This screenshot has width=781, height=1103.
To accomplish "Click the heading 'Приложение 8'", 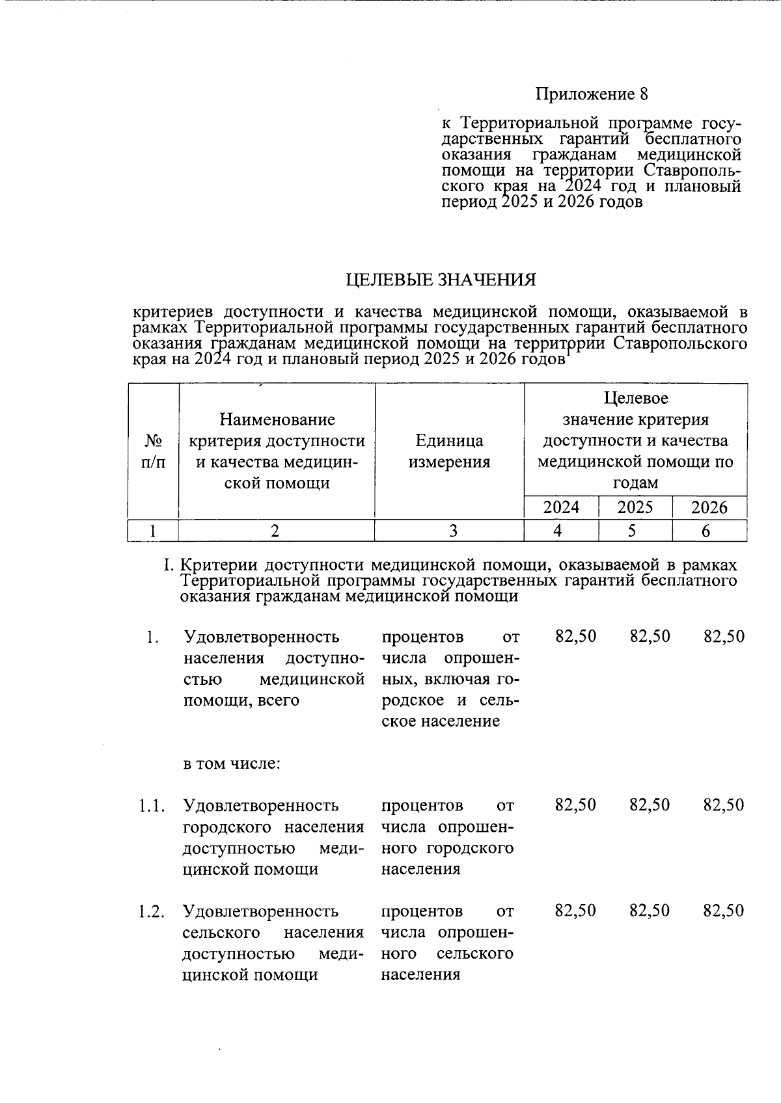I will [592, 94].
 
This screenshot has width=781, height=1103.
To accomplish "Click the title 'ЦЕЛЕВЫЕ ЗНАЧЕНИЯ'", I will [441, 280].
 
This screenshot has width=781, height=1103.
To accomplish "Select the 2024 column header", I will [561, 507].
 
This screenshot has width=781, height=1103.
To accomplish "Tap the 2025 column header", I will [635, 507].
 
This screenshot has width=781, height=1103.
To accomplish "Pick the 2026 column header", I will [709, 507].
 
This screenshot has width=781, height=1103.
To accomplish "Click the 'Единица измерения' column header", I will [449, 451].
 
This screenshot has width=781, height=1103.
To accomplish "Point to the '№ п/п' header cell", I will [153, 451].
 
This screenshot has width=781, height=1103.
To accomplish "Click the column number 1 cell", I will [152, 531].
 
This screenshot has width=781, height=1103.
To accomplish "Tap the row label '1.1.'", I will [151, 806].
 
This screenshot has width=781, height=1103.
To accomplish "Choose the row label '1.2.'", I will [151, 911].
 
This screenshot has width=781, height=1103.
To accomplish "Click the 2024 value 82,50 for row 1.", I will [575, 636].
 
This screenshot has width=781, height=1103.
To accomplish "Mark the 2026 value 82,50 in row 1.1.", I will [724, 805].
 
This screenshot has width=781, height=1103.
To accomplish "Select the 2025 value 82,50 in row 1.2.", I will [650, 910].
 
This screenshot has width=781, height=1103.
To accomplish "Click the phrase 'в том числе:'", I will [232, 764].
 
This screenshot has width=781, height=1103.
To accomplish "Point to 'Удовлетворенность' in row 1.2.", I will [261, 911].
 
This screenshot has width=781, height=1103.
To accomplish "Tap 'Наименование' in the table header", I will [277, 420].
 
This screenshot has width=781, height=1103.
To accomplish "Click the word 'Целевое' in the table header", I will [636, 398].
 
